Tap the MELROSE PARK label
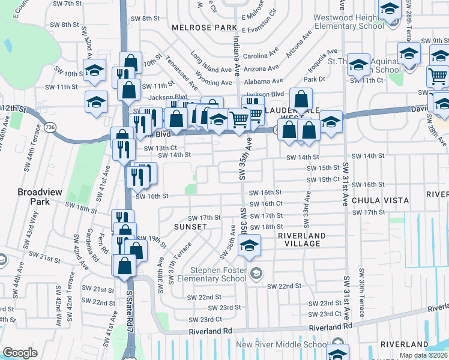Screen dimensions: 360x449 click(x=205, y=28)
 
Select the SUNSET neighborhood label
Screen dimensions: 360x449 click(x=190, y=227)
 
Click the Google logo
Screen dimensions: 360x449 click(x=20, y=353)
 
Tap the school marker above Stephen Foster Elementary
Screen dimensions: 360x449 click(x=249, y=246)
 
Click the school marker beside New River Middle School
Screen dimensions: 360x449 click(x=337, y=354)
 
